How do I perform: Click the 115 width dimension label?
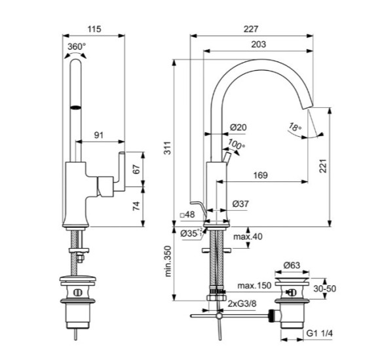(x=94, y=29)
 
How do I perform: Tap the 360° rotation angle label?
(x=77, y=46)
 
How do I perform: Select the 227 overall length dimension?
(x=251, y=29)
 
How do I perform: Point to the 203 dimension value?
(x=258, y=45)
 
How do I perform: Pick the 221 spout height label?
(x=323, y=166)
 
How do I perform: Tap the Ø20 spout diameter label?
(x=238, y=127)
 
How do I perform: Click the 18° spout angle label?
(x=295, y=127)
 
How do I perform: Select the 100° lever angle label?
(x=237, y=144)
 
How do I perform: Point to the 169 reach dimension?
(x=260, y=175)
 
